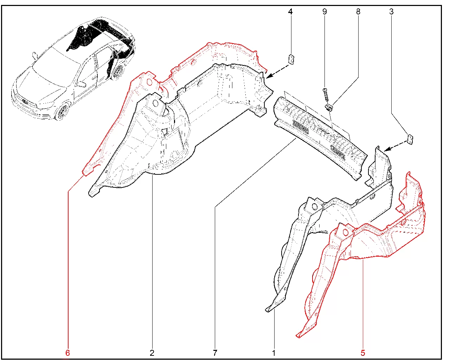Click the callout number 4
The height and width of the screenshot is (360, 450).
point(290,12)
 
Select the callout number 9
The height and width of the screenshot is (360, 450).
point(324,12)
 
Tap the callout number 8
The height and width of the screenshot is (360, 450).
point(358,12)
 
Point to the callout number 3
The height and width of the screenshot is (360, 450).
point(391,12)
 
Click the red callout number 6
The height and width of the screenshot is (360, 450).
point(67,353)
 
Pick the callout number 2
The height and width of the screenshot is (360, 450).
point(152,353)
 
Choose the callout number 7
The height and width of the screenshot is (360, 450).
point(215,353)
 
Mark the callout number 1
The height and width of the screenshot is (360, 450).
point(274,353)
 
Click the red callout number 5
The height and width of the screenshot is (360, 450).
point(363,353)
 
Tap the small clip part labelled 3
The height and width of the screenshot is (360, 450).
point(410,140)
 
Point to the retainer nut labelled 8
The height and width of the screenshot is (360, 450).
point(329,108)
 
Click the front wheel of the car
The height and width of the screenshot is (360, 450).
point(62,112)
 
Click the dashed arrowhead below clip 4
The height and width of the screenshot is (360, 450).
point(268,76)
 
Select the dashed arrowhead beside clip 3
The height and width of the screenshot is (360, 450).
point(387,149)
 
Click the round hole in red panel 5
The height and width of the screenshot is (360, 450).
point(345,232)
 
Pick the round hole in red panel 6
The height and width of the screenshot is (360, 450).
point(149,82)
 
